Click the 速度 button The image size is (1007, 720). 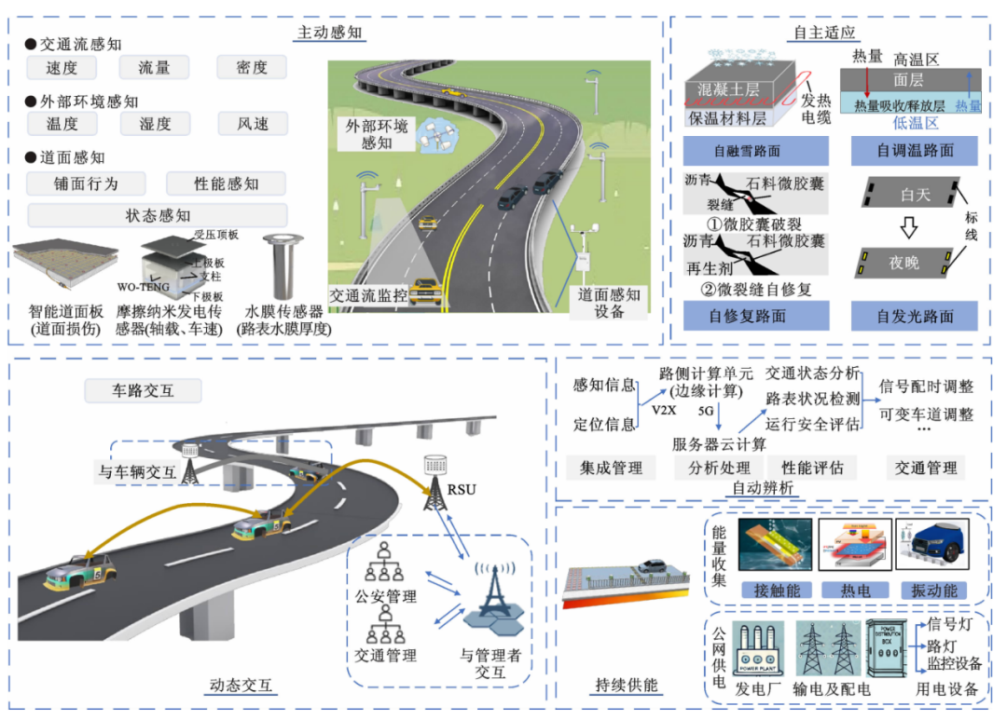click(62, 67)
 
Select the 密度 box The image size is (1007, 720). click(252, 67)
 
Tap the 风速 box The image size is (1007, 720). click(252, 123)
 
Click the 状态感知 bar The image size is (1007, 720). click(158, 215)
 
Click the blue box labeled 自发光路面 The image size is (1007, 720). click(915, 316)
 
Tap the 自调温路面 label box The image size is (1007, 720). click(915, 150)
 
